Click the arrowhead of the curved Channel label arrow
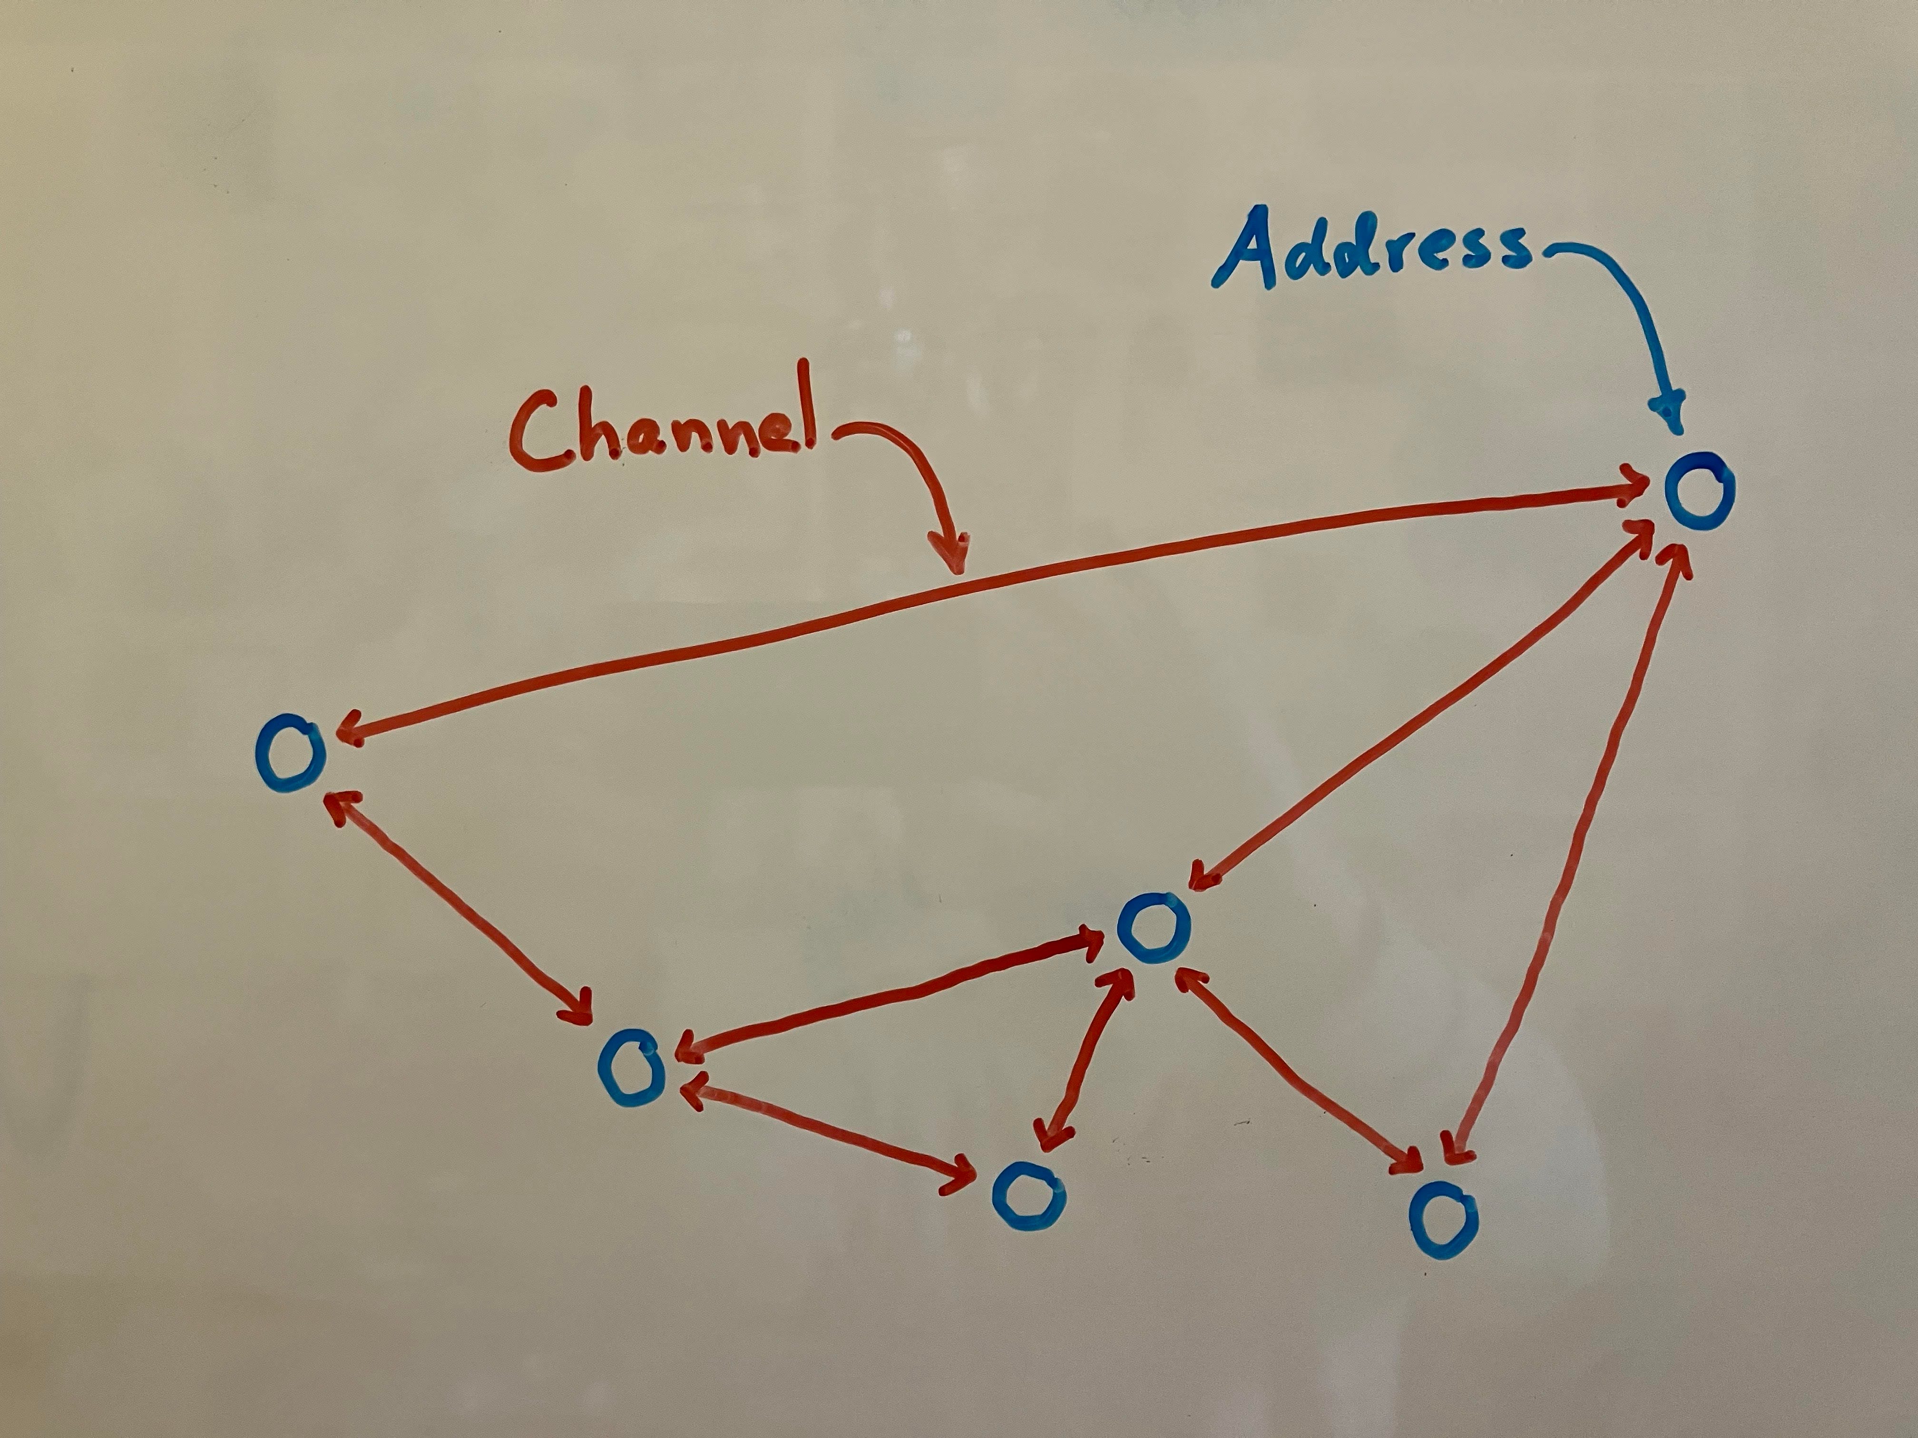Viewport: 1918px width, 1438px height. (951, 555)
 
